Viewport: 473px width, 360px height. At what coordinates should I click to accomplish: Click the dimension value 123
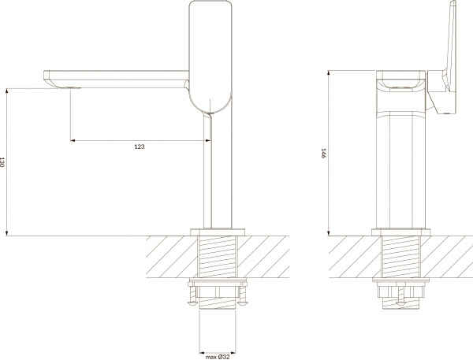[x=139, y=147]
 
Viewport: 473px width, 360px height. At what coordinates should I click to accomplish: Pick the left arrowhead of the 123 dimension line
[x=73, y=141]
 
